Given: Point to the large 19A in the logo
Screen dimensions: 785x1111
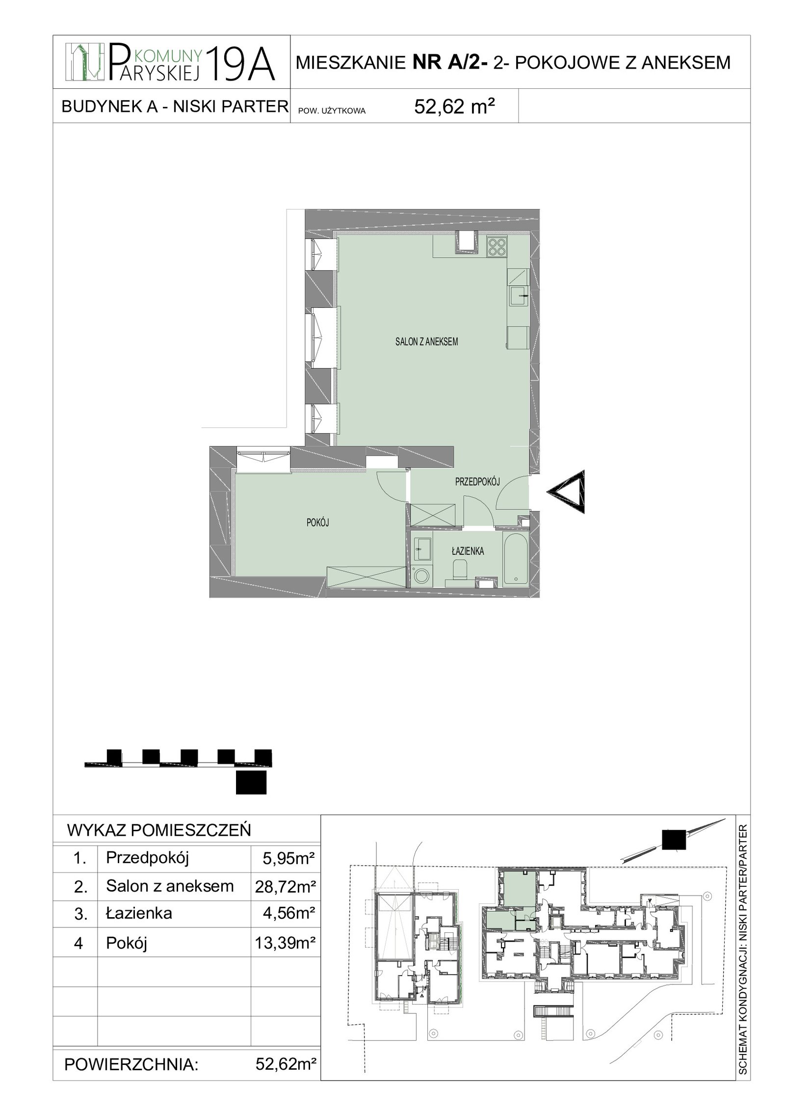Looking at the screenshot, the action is [239, 63].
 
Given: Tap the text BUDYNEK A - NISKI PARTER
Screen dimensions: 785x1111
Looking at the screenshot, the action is [174, 106].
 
